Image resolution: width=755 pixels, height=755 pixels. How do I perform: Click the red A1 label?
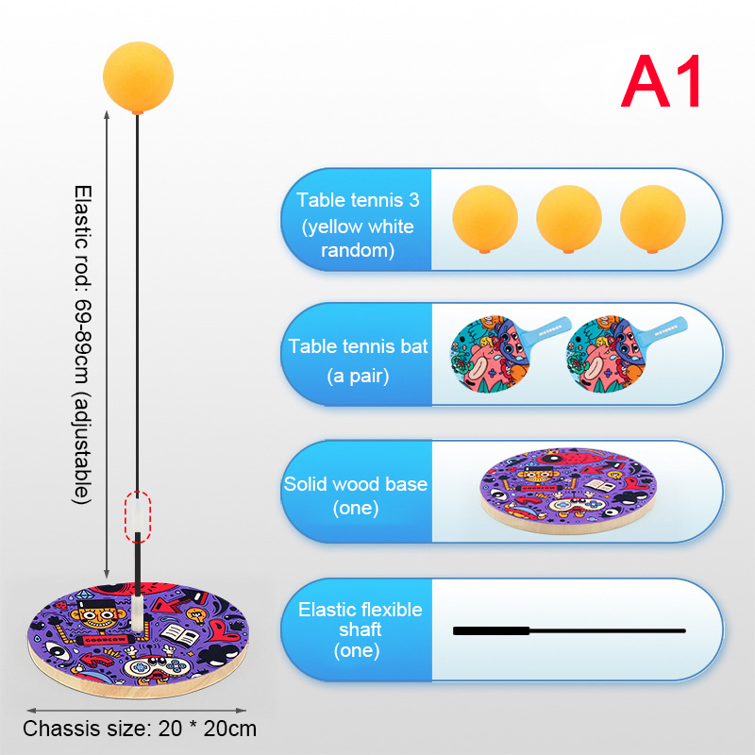[661, 81]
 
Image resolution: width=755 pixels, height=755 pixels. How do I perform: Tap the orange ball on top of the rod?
[138, 77]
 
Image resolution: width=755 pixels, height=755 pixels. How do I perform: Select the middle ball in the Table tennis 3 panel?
[569, 219]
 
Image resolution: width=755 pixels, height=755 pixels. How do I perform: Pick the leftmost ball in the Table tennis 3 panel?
[485, 219]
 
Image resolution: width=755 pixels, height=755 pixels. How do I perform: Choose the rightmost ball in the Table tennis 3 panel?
[652, 219]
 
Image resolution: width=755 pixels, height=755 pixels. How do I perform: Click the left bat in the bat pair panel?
[506, 353]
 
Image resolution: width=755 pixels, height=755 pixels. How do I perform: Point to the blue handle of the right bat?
[664, 330]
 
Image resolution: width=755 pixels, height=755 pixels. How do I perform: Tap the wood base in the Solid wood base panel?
[568, 491]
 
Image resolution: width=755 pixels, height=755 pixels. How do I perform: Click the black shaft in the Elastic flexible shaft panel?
[569, 630]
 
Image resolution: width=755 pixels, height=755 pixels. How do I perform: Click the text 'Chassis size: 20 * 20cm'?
[140, 729]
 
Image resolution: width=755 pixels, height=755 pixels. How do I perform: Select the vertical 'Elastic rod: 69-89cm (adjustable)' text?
[82, 344]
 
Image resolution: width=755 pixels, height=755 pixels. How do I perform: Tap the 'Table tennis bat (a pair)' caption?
[358, 361]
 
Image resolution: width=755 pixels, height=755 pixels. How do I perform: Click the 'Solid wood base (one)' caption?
[356, 495]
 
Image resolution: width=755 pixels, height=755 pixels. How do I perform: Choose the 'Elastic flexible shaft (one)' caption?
[360, 629]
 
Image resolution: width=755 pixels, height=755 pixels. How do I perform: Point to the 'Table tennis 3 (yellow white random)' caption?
[358, 225]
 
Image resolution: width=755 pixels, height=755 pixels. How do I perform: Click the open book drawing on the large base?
[180, 635]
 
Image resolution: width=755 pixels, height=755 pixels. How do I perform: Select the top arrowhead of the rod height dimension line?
[107, 114]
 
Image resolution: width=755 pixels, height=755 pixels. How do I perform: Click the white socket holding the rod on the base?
[138, 612]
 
